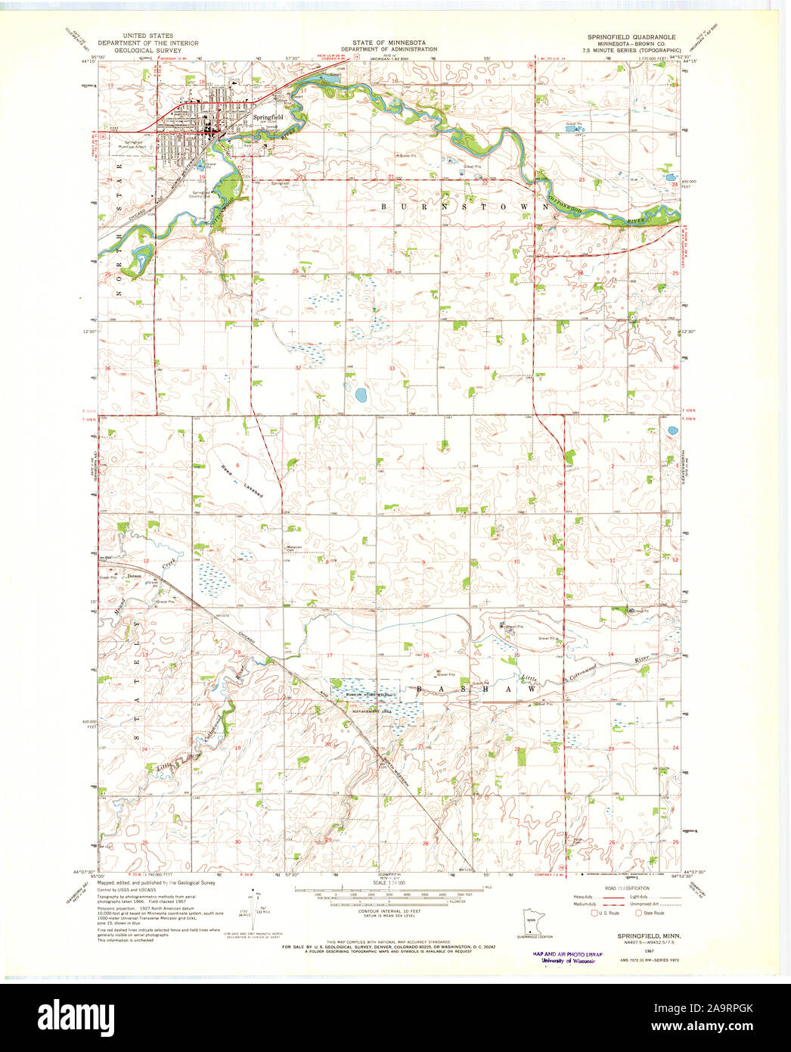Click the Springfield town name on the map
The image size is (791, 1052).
pyautogui.click(x=268, y=117)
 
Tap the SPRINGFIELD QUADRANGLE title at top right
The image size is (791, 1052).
pyautogui.click(x=631, y=36)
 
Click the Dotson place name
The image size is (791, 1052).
pyautogui.click(x=135, y=577)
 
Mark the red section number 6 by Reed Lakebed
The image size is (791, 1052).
pyautogui.click(x=237, y=465)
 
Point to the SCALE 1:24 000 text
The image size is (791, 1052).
pyautogui.click(x=389, y=882)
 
